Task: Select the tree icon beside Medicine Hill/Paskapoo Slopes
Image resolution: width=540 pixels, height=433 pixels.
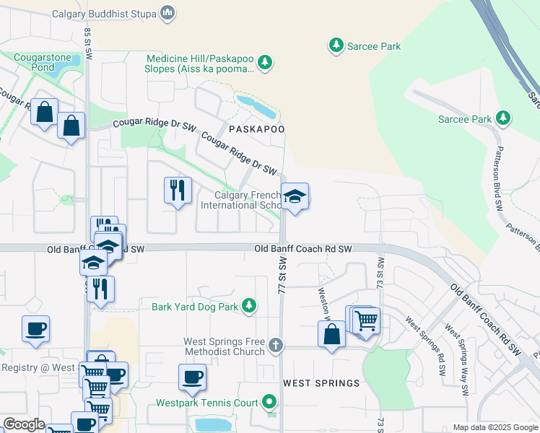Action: (x=265, y=63)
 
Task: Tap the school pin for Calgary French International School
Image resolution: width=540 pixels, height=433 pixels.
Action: (x=295, y=196)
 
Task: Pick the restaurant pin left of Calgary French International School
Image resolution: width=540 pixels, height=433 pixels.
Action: (x=178, y=191)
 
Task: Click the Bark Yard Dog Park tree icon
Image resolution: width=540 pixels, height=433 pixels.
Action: (x=248, y=306)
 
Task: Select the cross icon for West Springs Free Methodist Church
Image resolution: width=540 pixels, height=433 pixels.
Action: (x=275, y=346)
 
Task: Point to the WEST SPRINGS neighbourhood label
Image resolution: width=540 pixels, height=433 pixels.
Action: (x=321, y=382)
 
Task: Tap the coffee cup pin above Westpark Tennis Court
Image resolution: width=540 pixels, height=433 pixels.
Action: (x=192, y=377)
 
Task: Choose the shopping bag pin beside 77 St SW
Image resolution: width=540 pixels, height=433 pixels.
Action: (x=331, y=334)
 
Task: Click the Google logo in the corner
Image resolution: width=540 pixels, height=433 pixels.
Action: (x=24, y=424)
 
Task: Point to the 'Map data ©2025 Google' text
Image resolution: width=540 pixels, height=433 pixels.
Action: (x=495, y=427)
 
